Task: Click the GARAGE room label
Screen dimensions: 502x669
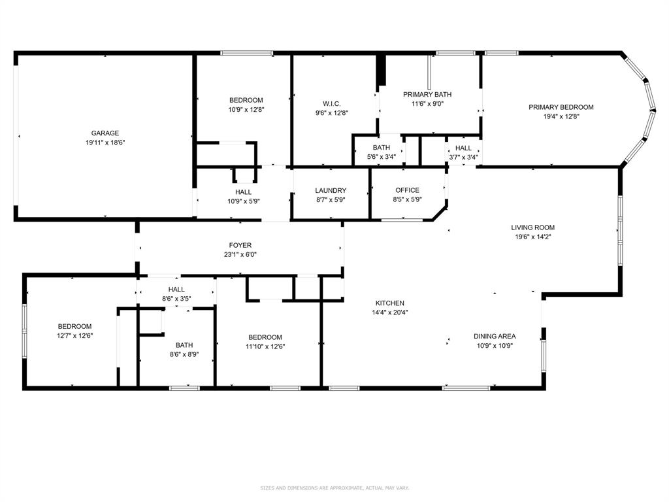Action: (x=105, y=133)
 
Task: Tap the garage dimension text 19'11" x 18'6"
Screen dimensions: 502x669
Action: (x=105, y=142)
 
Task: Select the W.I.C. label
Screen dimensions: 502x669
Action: (x=331, y=103)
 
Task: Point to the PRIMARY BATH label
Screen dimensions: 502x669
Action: (x=427, y=94)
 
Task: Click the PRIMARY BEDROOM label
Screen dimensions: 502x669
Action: (x=561, y=107)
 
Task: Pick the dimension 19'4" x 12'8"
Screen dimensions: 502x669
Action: (x=561, y=116)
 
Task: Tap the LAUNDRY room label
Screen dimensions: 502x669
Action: (x=330, y=191)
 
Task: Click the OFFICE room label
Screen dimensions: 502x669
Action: (x=407, y=191)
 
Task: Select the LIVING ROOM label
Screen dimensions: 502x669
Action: (x=532, y=227)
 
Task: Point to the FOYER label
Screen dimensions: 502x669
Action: (x=240, y=246)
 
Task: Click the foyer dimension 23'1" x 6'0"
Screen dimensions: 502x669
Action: (x=240, y=255)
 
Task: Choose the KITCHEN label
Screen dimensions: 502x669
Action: (x=389, y=303)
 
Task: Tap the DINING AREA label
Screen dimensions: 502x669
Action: (x=495, y=337)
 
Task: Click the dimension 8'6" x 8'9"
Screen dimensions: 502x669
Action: (x=184, y=354)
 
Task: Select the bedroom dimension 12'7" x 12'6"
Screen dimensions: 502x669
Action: (x=74, y=335)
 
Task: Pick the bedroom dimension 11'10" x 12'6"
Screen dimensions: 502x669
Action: (x=265, y=346)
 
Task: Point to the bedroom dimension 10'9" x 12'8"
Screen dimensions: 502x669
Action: (x=246, y=109)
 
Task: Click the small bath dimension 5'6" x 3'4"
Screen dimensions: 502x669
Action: (x=381, y=156)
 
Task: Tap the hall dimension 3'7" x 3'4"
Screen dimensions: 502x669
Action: (x=463, y=157)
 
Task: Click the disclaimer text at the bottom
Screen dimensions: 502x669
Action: (x=334, y=488)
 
